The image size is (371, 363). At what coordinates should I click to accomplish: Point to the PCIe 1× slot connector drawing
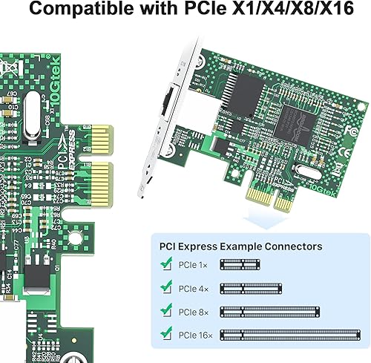(241, 264)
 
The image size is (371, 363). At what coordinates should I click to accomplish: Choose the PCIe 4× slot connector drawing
(252, 287)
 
